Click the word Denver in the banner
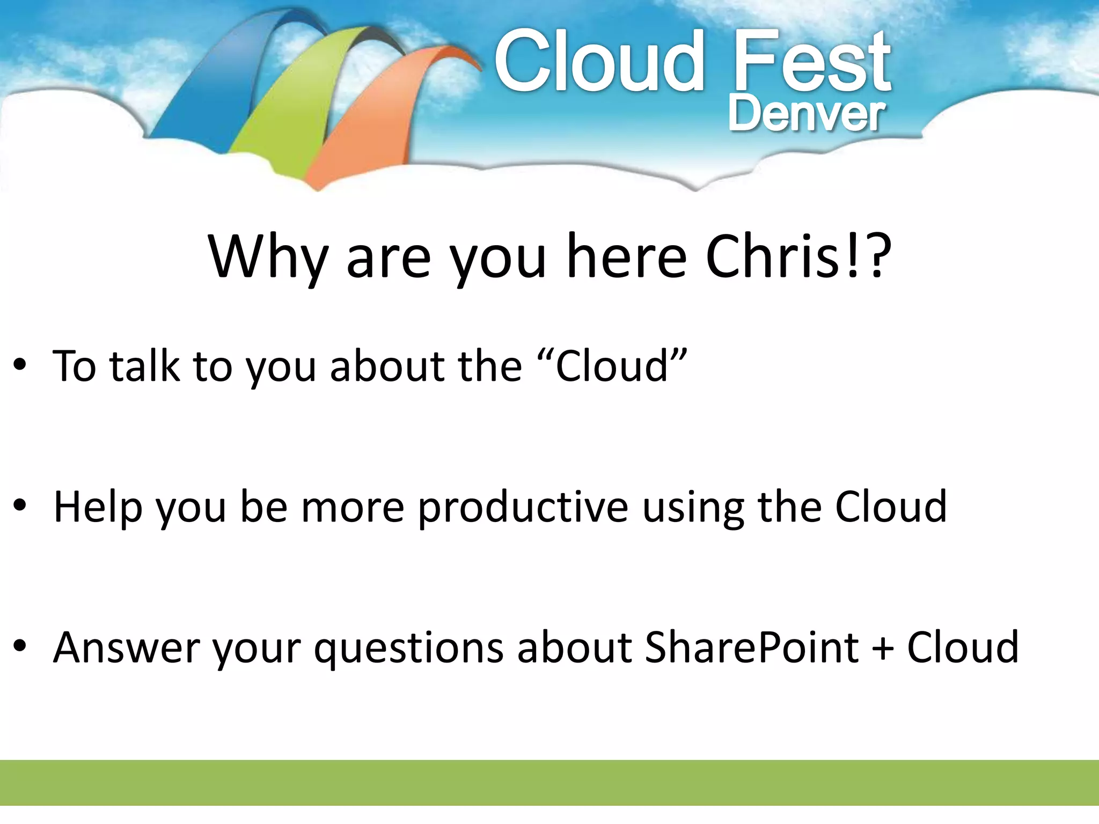tap(806, 114)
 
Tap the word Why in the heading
tap(268, 257)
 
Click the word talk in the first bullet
tap(145, 366)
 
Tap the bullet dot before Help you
tap(20, 505)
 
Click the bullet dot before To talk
tap(20, 365)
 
